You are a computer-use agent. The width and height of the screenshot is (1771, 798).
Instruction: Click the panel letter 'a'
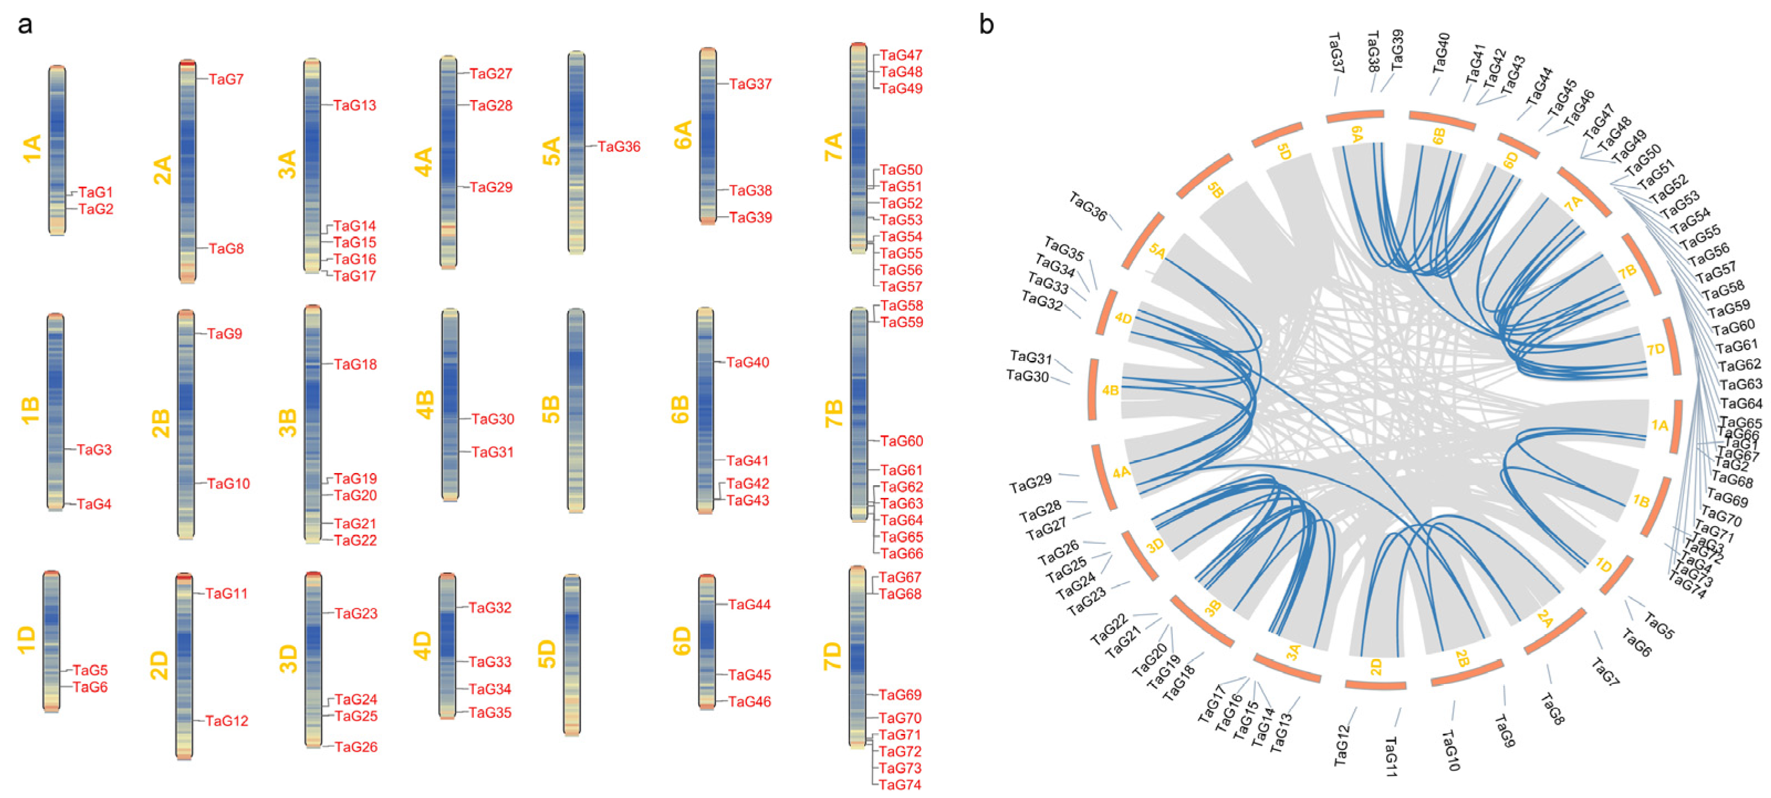point(25,25)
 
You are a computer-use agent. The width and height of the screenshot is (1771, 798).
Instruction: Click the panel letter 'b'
point(986,25)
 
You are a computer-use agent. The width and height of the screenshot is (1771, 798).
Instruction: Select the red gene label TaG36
point(619,146)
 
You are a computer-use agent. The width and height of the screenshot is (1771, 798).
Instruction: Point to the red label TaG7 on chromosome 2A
point(226,79)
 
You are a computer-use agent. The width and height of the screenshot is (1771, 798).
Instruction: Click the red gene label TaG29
point(491,187)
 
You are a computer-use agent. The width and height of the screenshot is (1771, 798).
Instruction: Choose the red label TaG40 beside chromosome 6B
point(748,362)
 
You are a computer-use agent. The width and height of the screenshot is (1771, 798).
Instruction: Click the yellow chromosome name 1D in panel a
point(26,639)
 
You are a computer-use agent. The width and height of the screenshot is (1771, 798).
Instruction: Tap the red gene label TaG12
point(227,720)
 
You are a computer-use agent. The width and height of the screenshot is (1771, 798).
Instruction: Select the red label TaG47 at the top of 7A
point(901,55)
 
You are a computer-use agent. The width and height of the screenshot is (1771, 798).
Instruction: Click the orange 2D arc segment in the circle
point(1375,684)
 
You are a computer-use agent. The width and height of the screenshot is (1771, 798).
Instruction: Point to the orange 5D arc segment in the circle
point(1277,135)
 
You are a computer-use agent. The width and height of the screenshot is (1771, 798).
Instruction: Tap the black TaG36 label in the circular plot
point(1088,207)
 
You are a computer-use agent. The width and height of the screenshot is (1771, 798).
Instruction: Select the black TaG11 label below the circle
point(1390,756)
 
